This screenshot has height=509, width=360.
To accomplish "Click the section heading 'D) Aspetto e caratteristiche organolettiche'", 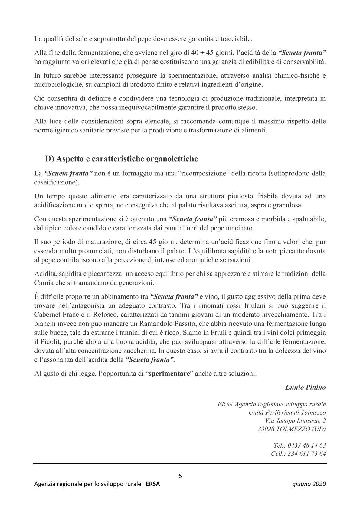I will (122, 159).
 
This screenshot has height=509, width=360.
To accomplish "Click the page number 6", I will (180, 476).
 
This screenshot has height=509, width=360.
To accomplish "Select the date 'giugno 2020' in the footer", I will (309, 484).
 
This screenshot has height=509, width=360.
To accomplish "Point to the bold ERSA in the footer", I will (153, 484).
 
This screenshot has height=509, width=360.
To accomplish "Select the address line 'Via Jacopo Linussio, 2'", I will (295, 421).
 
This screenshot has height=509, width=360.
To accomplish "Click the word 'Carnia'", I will (44, 283).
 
